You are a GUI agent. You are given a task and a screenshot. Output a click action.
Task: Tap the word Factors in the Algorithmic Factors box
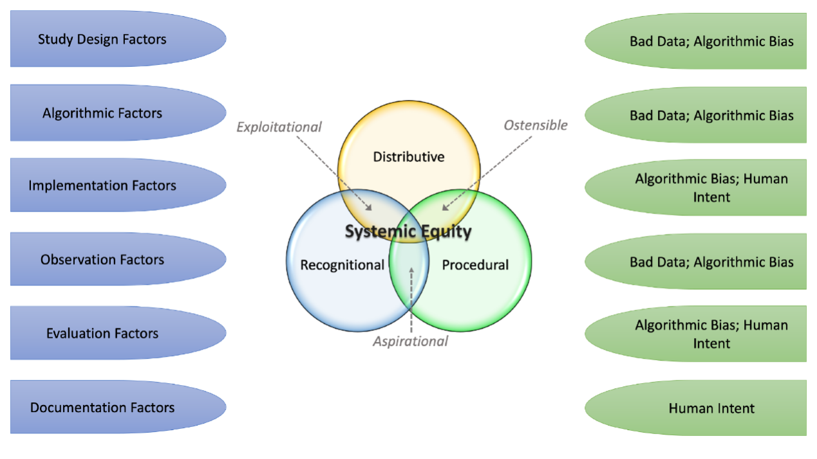tap(142, 113)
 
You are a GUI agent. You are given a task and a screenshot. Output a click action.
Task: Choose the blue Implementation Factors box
tap(102, 186)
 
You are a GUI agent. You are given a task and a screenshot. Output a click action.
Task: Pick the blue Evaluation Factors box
tap(102, 334)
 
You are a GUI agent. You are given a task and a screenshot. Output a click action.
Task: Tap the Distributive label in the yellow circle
tap(409, 157)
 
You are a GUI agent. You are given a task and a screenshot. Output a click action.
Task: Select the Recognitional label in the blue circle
tap(342, 265)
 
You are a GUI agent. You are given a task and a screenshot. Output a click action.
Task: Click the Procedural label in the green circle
tap(475, 265)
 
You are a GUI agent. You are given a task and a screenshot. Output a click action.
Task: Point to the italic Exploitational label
tap(279, 127)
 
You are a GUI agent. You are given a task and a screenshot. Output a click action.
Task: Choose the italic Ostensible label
tap(536, 125)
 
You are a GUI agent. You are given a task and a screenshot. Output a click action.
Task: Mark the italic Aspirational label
tap(411, 341)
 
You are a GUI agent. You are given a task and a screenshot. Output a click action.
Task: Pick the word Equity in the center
tap(447, 231)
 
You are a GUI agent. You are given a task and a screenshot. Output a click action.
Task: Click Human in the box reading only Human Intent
tap(690, 408)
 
